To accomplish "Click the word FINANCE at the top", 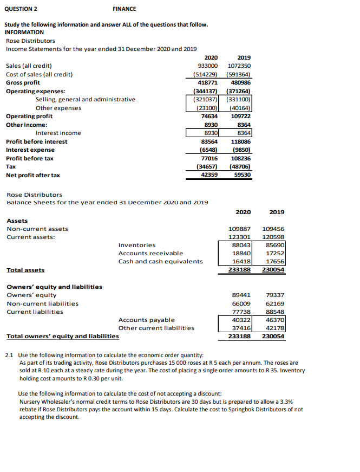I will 125,9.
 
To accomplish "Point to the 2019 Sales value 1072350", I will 238,66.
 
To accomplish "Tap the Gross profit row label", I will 23,82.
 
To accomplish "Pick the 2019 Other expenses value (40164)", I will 238,108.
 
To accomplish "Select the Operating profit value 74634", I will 208,116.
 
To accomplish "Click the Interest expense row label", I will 30,150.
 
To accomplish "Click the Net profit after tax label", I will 32,175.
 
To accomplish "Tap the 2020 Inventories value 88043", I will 240,245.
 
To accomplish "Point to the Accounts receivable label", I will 150,253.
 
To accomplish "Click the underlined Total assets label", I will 25,270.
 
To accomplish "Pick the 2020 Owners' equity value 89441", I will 240,295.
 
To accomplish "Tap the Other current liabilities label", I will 156,328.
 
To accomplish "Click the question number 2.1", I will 9,354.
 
